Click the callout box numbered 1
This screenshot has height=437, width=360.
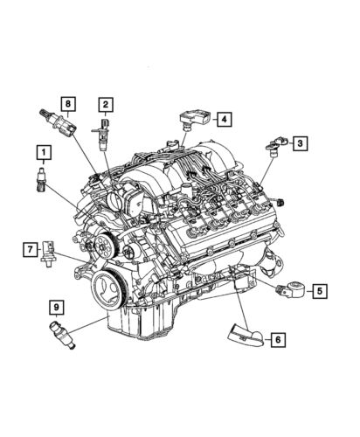click(x=41, y=155)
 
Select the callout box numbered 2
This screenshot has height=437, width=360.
click(x=105, y=106)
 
